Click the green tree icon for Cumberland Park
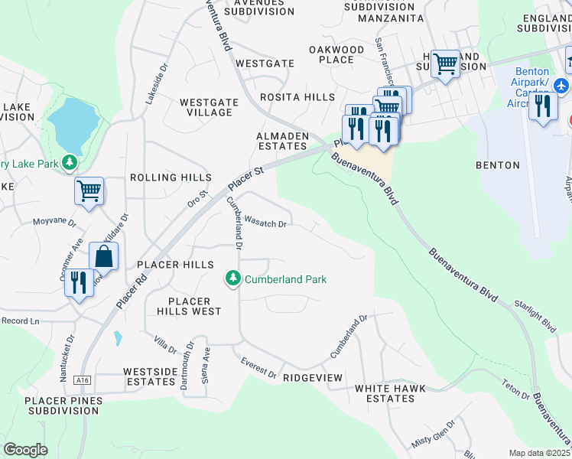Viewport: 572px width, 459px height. pyautogui.click(x=234, y=280)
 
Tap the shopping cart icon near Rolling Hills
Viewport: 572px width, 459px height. pyautogui.click(x=89, y=190)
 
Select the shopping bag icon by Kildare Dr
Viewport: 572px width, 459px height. pyautogui.click(x=104, y=256)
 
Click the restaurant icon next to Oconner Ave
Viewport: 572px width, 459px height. pyautogui.click(x=78, y=283)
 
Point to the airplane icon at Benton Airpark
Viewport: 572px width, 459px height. pyautogui.click(x=562, y=83)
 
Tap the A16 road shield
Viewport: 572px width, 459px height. pyautogui.click(x=83, y=378)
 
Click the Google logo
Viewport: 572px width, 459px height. pyautogui.click(x=25, y=449)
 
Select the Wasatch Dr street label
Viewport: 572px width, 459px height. pyautogui.click(x=265, y=223)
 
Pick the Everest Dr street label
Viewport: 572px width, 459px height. pyautogui.click(x=258, y=368)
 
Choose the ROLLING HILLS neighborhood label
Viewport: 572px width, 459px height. pyautogui.click(x=171, y=177)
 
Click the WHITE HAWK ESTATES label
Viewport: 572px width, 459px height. pyautogui.click(x=385, y=393)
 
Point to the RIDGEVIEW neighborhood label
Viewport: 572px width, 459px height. pyautogui.click(x=312, y=378)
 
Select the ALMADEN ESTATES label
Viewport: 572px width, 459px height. pyautogui.click(x=281, y=141)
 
